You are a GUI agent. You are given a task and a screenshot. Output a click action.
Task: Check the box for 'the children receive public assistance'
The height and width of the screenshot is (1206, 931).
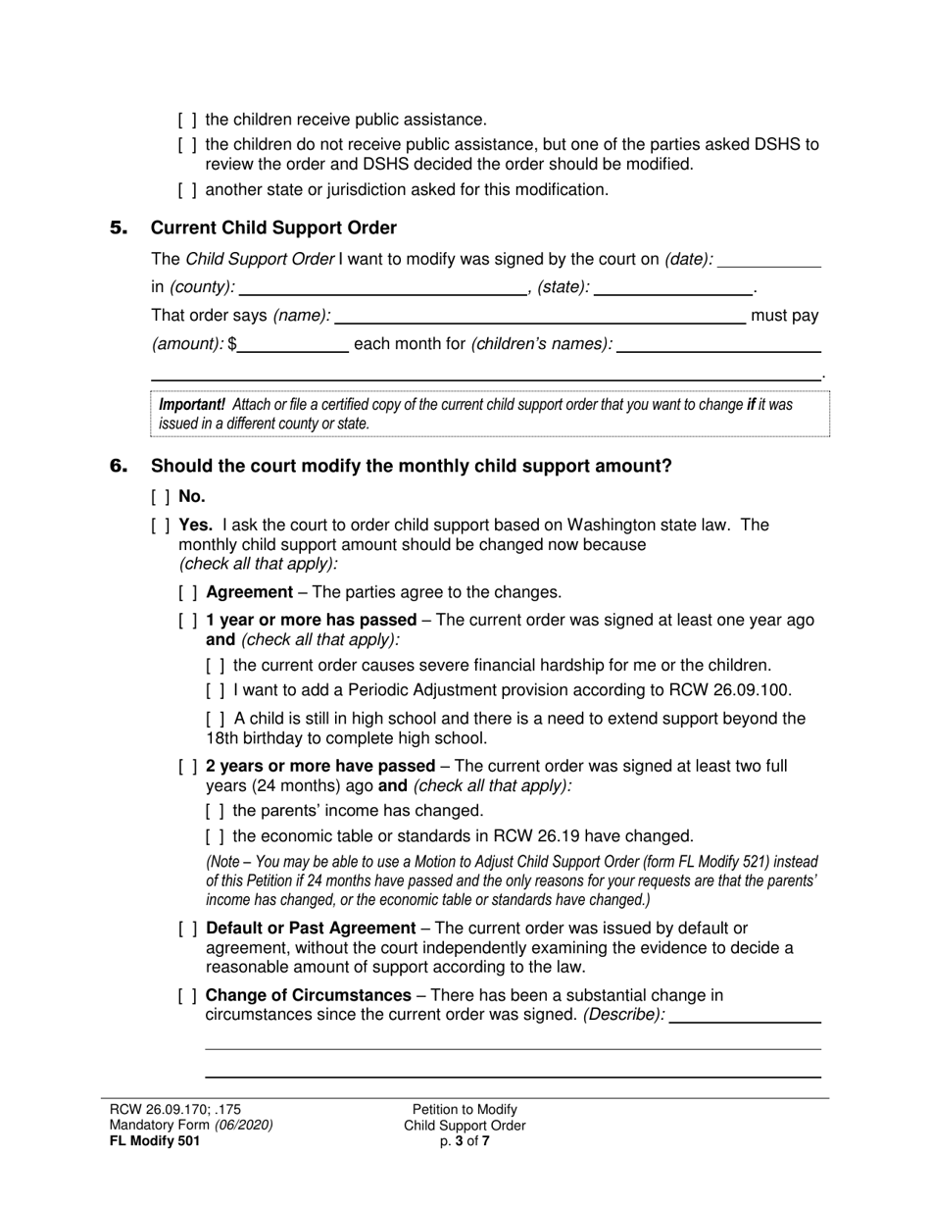(187, 120)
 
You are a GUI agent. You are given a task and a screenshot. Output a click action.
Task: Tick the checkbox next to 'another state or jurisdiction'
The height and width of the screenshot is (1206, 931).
(187, 189)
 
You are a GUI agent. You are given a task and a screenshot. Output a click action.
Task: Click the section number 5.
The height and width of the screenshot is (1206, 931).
(119, 228)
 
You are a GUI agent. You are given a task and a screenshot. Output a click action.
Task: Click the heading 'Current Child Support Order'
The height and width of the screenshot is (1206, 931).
(273, 228)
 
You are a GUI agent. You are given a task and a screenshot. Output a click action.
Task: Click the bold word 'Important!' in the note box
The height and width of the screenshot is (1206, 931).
(192, 404)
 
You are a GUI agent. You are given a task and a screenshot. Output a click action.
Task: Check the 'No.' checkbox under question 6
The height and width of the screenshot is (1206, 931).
(161, 497)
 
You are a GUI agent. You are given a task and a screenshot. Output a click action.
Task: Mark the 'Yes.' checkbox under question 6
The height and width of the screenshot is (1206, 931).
(161, 525)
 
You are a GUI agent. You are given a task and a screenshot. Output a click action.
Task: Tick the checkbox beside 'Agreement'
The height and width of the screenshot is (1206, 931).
(187, 592)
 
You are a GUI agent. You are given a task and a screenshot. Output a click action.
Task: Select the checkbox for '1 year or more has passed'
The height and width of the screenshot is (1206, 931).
(187, 621)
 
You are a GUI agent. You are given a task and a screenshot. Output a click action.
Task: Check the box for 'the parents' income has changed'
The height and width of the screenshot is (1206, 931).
(216, 811)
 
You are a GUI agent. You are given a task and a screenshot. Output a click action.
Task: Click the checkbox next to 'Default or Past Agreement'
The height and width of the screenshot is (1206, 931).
(187, 929)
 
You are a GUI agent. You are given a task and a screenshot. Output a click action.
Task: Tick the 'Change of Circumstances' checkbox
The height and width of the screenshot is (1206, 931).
(187, 996)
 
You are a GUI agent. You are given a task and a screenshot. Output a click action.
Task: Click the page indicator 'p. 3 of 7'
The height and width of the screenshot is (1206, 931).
(465, 1140)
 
